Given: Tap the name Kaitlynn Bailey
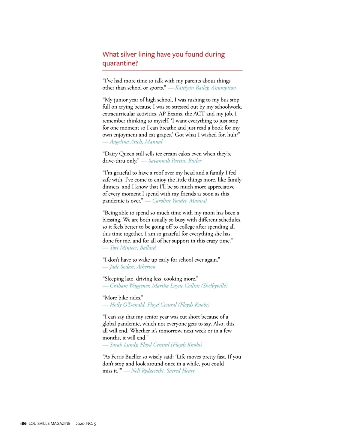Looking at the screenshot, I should click(192, 88).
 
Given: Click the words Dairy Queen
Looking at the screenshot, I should click(119, 154).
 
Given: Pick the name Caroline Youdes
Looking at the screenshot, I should click(169, 201).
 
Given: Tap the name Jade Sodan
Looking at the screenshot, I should click(122, 267).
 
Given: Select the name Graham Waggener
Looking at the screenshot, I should click(130, 286).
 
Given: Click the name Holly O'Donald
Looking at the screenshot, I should click(127, 305).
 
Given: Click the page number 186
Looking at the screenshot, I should click(23, 424).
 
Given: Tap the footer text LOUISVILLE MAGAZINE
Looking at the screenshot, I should click(49, 424).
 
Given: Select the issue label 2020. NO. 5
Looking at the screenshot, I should click(86, 424).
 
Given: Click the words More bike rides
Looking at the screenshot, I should click(123, 298).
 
